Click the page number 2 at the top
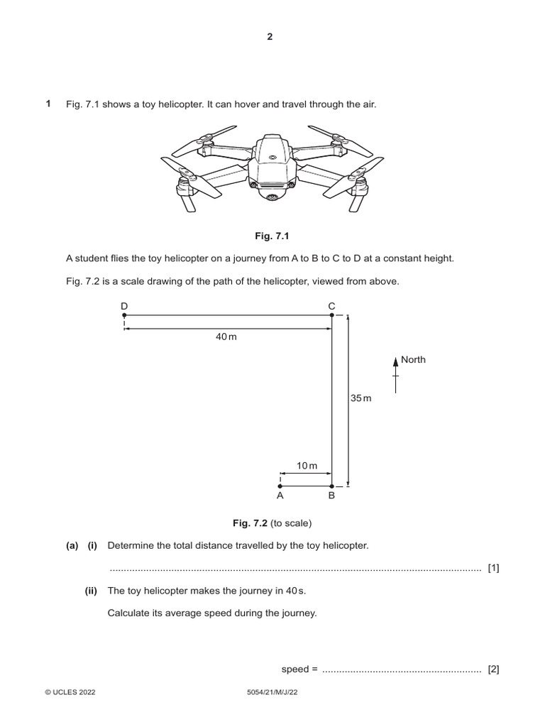(270, 38)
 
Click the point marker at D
(124, 315)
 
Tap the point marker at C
(332, 315)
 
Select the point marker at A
(280, 486)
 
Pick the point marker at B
(332, 486)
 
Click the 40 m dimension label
(226, 337)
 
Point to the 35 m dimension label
(360, 399)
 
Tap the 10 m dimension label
(307, 466)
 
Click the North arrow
(396, 373)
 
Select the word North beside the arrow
(413, 360)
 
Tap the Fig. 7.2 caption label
(248, 524)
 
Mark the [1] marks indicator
(494, 567)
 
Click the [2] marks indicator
(494, 669)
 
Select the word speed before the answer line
(294, 669)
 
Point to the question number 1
(48, 104)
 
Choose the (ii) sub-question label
(92, 591)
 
